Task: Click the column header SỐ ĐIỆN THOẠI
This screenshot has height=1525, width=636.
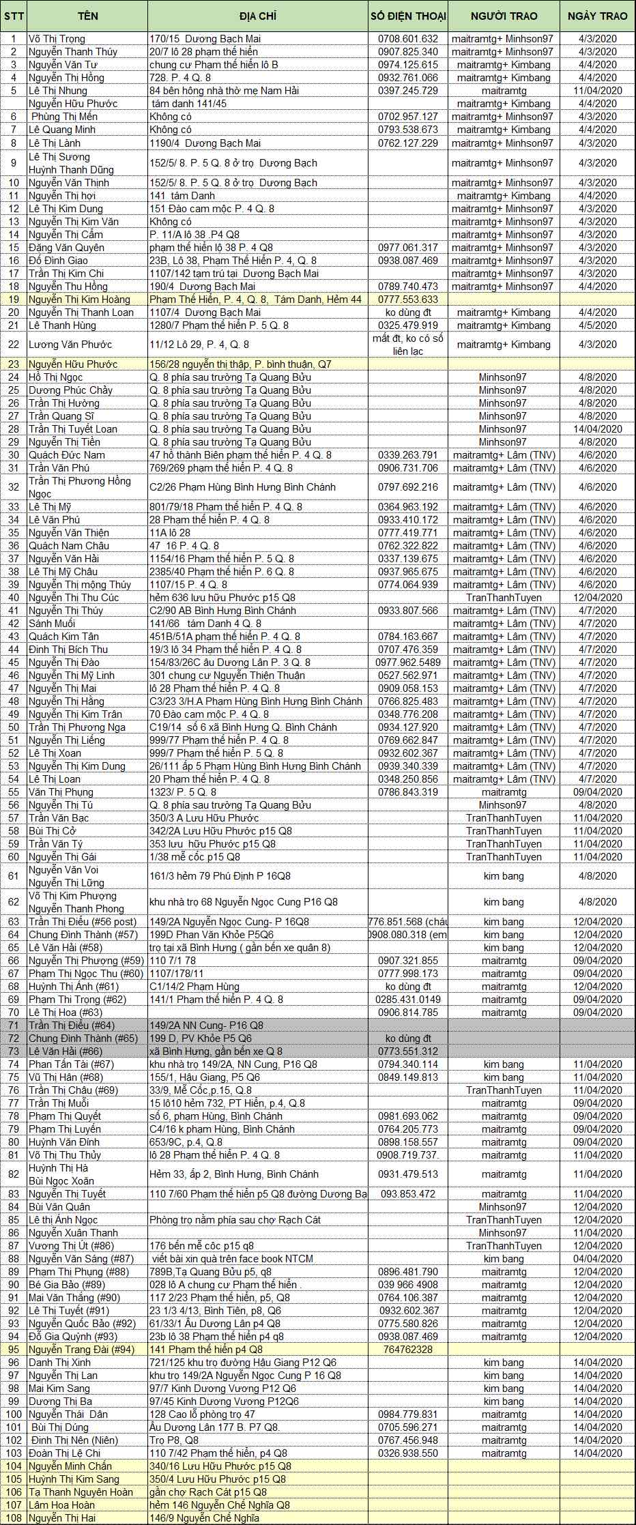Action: pyautogui.click(x=408, y=16)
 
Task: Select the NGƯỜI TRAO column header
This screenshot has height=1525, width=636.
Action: pyautogui.click(x=504, y=16)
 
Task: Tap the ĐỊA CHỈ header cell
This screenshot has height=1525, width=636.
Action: pyautogui.click(x=257, y=16)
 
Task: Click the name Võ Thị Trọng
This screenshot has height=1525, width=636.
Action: pyautogui.click(x=57, y=39)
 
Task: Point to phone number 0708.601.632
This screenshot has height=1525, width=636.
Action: pyautogui.click(x=408, y=39)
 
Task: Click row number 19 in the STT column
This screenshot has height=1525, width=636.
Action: pyautogui.click(x=14, y=300)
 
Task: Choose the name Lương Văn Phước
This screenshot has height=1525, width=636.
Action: pyautogui.click(x=70, y=345)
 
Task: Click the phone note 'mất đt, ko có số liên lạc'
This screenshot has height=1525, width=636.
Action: pyautogui.click(x=408, y=345)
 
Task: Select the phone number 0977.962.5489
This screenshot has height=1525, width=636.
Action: pyautogui.click(x=408, y=663)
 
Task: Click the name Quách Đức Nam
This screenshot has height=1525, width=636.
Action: pyautogui.click(x=67, y=455)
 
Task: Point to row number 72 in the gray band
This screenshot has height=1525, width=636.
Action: pyautogui.click(x=14, y=1039)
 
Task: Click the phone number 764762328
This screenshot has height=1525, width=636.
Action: pyautogui.click(x=408, y=1350)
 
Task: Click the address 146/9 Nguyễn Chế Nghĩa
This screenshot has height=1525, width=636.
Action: pyautogui.click(x=205, y=1518)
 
